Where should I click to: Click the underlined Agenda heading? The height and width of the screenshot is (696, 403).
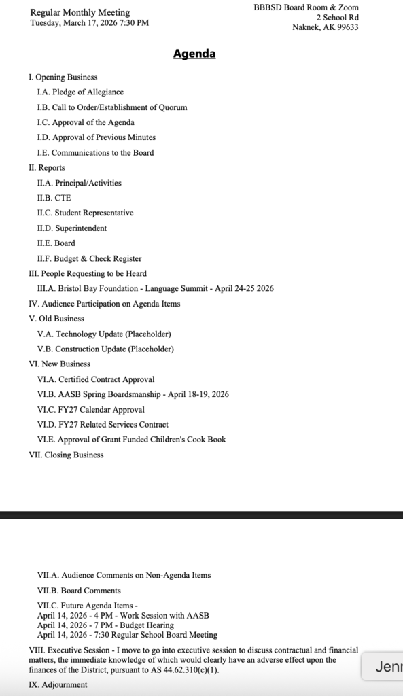tap(194, 54)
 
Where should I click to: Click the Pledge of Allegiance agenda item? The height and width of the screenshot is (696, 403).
tap(80, 92)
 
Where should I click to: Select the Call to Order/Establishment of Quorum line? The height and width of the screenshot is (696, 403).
tap(112, 107)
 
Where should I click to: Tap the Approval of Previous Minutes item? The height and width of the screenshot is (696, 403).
tap(96, 137)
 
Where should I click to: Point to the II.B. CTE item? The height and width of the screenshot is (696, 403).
tap(54, 198)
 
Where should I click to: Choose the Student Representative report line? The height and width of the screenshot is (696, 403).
tap(85, 213)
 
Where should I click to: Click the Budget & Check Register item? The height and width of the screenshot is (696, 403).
tap(89, 258)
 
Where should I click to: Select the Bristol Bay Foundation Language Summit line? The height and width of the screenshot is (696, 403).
tap(155, 288)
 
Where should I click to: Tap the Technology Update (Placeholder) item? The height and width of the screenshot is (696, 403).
tap(104, 334)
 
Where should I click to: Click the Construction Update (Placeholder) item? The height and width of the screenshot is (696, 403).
tap(105, 349)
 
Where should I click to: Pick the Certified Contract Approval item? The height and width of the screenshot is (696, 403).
tap(96, 379)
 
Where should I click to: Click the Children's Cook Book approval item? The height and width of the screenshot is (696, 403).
tap(131, 440)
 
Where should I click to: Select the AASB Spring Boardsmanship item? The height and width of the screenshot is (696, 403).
tap(133, 394)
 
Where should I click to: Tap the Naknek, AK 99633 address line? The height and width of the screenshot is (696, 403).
tap(326, 27)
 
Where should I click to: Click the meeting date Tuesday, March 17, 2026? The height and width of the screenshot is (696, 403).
tap(89, 22)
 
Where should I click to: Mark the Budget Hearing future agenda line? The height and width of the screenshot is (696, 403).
tap(105, 625)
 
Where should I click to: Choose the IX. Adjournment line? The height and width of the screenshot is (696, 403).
tap(58, 685)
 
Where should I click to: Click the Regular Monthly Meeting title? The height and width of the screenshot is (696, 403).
tap(80, 12)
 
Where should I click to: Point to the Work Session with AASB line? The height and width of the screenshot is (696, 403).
tap(123, 616)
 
